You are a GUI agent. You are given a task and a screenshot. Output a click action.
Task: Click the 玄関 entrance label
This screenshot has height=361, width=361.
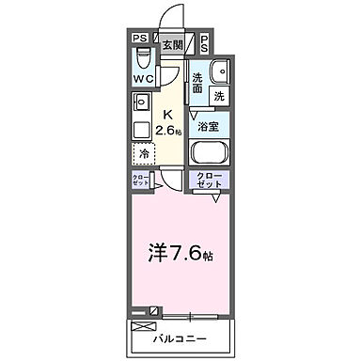click(171, 44)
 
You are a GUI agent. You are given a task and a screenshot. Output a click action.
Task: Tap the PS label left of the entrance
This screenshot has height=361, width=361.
click(138, 39)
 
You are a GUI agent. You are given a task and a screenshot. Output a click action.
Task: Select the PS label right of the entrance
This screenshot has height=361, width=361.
click(205, 40)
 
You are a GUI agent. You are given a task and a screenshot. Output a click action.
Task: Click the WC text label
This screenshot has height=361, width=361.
click(142, 79)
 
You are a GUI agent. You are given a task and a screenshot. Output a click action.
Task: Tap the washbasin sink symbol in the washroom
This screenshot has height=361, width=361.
click(223, 72)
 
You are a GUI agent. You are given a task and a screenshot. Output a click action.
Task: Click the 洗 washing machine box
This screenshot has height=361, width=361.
click(218, 96)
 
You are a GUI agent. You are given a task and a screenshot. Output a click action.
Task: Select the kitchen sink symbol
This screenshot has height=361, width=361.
click(141, 102)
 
